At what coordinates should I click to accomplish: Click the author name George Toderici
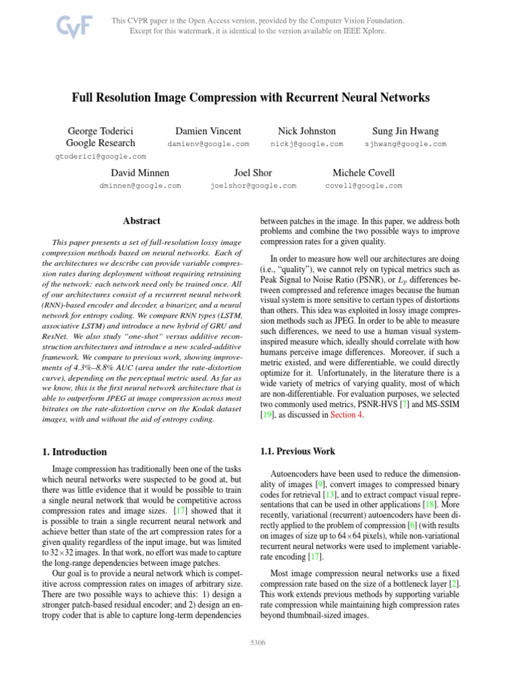tap(100, 131)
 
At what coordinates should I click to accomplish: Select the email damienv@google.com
tap(208, 144)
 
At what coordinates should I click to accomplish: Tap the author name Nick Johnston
tap(306, 131)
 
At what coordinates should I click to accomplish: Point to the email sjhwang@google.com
tap(405, 144)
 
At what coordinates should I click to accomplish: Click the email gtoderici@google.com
tap(100, 156)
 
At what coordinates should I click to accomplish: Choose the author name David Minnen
tap(140, 173)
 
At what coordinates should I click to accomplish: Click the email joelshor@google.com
tap(253, 186)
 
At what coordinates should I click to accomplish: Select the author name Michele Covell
tap(363, 173)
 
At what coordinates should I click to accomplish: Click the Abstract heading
tap(141, 221)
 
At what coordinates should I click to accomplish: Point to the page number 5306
tap(258, 643)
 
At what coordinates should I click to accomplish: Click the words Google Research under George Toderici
tap(100, 143)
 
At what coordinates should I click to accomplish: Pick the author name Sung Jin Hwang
tap(405, 131)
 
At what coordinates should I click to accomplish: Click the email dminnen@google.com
tap(140, 186)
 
